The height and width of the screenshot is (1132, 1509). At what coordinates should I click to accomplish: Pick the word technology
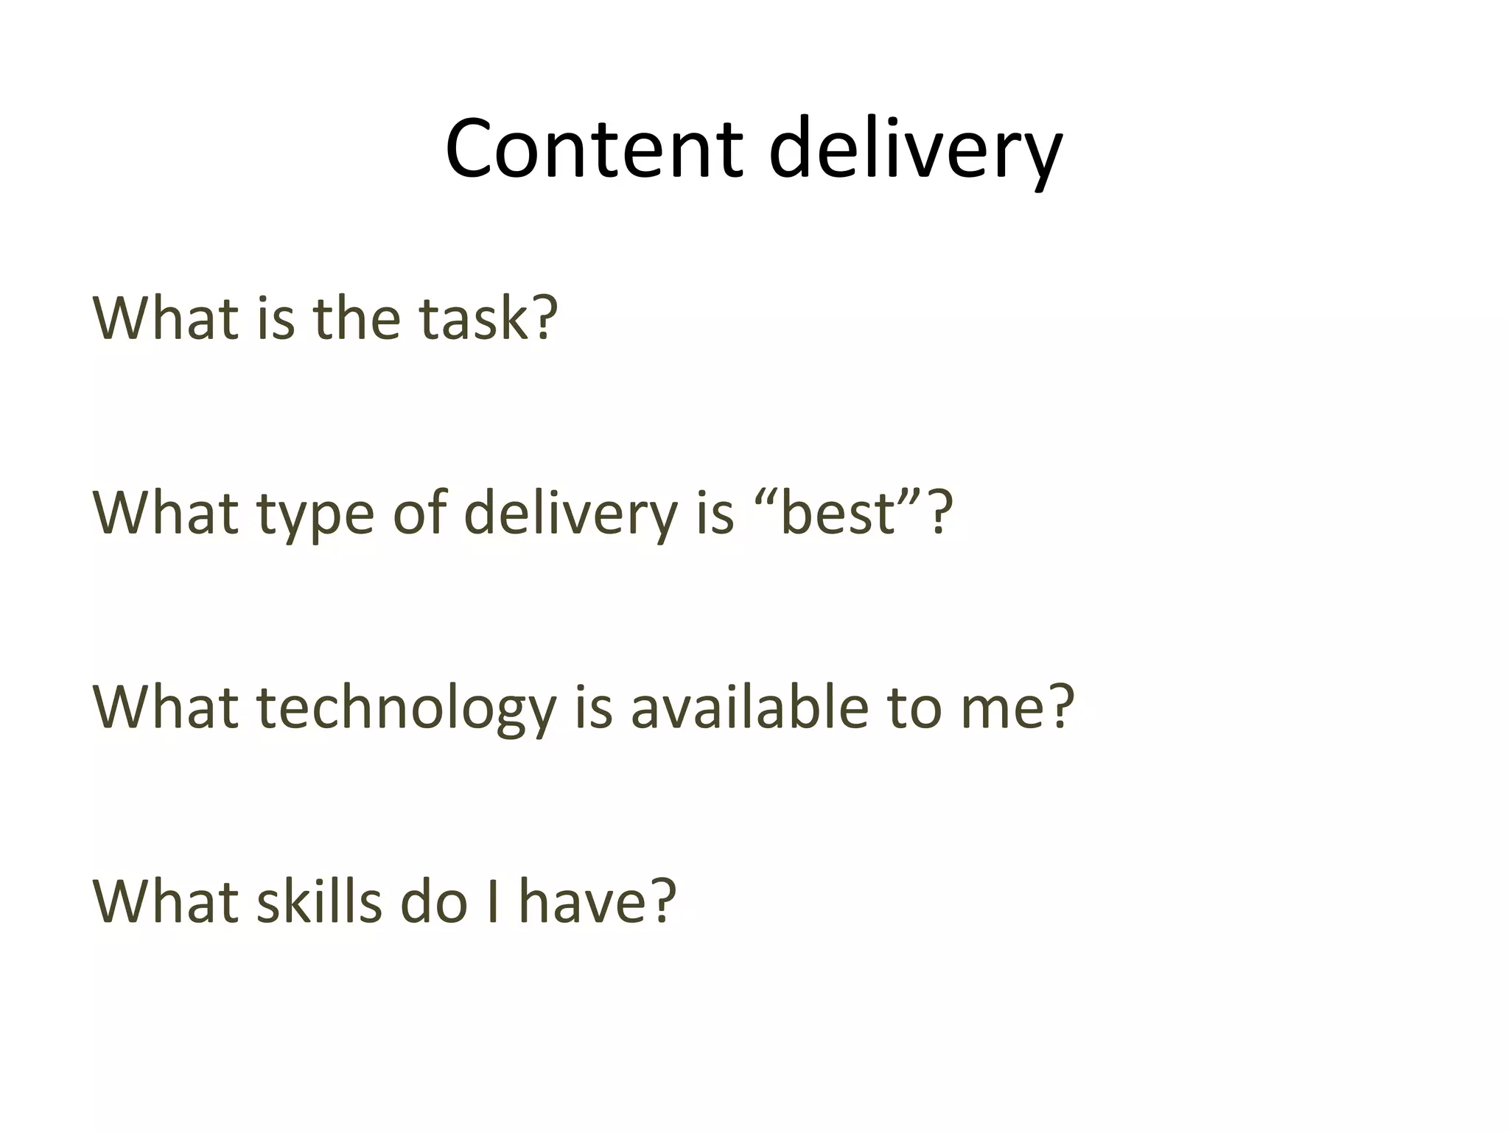pyautogui.click(x=406, y=708)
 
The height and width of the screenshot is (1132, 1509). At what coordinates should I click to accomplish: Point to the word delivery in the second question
pyautogui.click(x=571, y=514)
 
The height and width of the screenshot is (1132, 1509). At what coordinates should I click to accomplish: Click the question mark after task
pyautogui.click(x=545, y=318)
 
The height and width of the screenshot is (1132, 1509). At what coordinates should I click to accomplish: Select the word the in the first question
pyautogui.click(x=357, y=318)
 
